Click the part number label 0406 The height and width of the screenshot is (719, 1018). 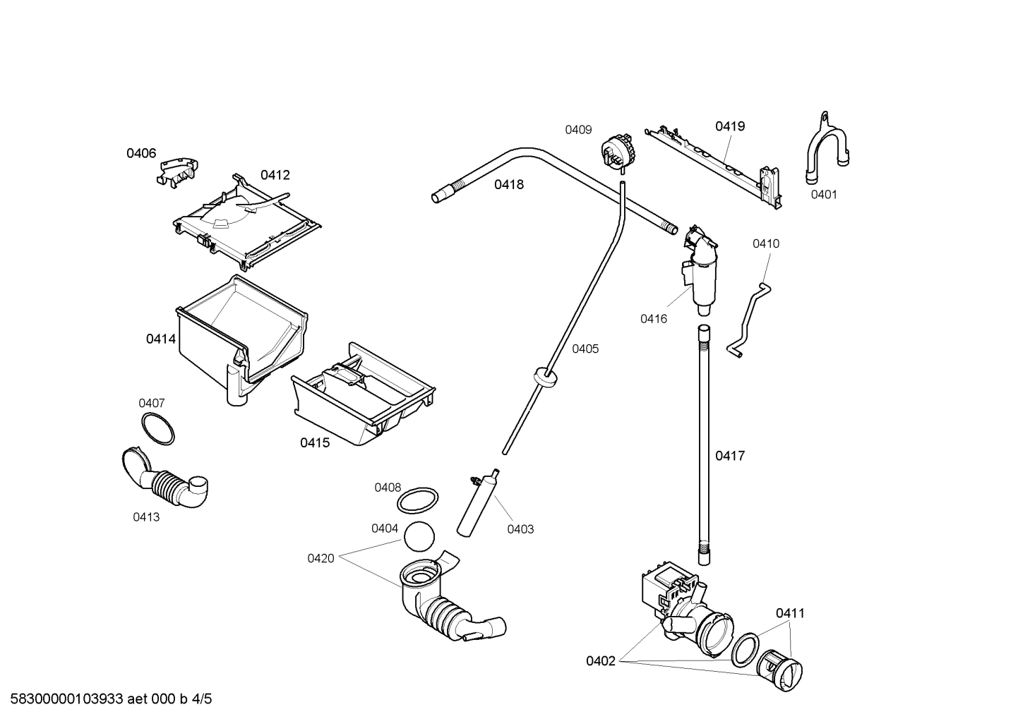point(141,153)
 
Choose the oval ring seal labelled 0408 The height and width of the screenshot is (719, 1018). point(417,502)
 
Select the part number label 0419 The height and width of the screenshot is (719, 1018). point(730,126)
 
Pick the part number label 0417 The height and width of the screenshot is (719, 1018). point(730,456)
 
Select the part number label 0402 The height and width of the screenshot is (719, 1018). point(601,661)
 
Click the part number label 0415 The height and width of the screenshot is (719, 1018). point(315,442)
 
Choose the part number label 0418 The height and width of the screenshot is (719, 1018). point(509,184)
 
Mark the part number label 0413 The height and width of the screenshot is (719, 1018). point(146,516)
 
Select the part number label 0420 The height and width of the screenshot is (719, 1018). point(321,558)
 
